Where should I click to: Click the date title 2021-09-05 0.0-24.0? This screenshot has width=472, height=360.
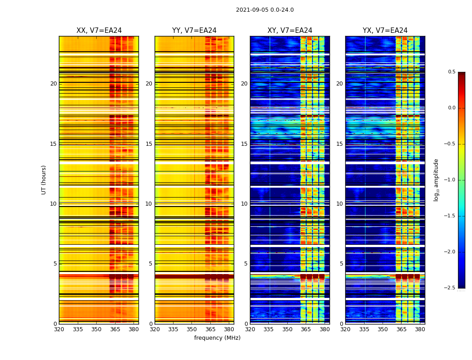coord(265,10)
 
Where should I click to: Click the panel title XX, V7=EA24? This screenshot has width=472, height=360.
coord(99,31)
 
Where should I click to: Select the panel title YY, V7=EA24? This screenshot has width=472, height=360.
coord(194,31)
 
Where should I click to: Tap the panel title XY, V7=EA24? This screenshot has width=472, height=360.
coord(289,31)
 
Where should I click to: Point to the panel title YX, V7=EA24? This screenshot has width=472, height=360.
coord(385,31)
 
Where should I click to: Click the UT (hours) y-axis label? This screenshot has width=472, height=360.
coord(44,180)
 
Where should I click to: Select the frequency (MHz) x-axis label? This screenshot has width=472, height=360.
coord(217,338)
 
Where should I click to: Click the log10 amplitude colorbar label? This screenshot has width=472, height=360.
coord(436,180)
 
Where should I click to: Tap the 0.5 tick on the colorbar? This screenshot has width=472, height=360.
coord(452,72)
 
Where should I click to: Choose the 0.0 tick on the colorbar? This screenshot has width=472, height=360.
coord(452,108)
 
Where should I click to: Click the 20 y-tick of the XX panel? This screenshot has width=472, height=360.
coord(53,84)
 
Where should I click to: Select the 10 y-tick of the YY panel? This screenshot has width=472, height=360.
coord(149,204)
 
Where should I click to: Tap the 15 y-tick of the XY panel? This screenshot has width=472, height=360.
coord(244,144)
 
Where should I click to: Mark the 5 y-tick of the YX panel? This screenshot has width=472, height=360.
coord(341,264)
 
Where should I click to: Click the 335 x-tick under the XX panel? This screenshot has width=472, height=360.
coord(78,329)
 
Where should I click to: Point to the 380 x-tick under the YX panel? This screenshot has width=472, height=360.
coord(420,329)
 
